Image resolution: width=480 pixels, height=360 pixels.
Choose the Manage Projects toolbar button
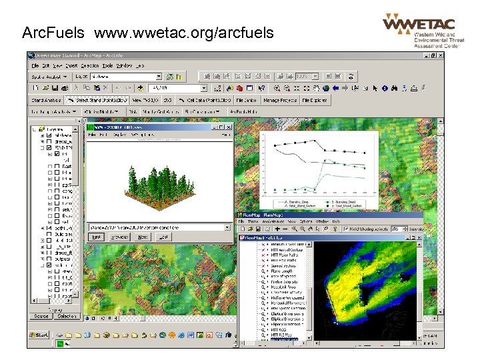(x=280, y=100)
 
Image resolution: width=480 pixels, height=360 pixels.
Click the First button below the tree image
(x=96, y=237)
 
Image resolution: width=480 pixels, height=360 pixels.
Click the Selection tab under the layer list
(x=67, y=316)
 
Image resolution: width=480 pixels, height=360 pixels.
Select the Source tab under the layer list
(x=41, y=316)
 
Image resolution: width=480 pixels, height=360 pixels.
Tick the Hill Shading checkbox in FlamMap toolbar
(x=347, y=229)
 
